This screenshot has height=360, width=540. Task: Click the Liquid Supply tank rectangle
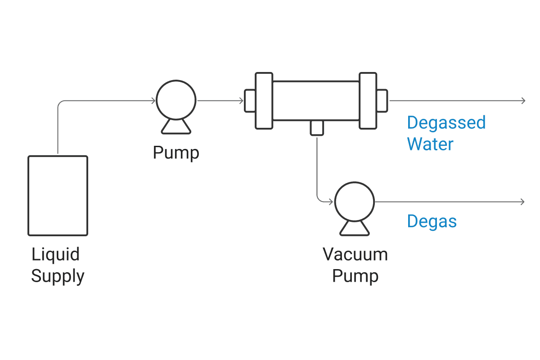pyautogui.click(x=58, y=195)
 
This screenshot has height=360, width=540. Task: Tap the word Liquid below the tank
pyautogui.click(x=55, y=255)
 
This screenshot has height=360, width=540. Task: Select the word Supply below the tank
pyautogui.click(x=58, y=276)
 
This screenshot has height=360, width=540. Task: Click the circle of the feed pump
pyautogui.click(x=176, y=100)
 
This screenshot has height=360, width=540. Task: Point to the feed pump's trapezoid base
pyautogui.click(x=176, y=126)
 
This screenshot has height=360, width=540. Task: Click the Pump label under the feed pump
pyautogui.click(x=176, y=153)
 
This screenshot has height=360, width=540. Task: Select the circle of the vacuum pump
pyautogui.click(x=355, y=202)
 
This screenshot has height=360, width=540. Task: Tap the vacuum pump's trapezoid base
pyautogui.click(x=355, y=228)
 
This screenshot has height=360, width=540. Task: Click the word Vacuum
pyautogui.click(x=355, y=255)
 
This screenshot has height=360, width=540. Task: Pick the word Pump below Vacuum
pyautogui.click(x=355, y=276)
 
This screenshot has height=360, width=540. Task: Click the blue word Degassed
pyautogui.click(x=446, y=122)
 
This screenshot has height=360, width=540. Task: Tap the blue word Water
pyautogui.click(x=430, y=144)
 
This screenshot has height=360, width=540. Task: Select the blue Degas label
pyautogui.click(x=432, y=221)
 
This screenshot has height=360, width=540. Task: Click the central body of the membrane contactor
pyautogui.click(x=316, y=100)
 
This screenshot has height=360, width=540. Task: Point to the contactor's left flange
pyautogui.click(x=264, y=100)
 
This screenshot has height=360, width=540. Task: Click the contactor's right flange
pyautogui.click(x=368, y=100)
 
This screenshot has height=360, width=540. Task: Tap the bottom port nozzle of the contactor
pyautogui.click(x=317, y=127)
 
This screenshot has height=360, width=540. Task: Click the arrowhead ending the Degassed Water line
pyautogui.click(x=523, y=101)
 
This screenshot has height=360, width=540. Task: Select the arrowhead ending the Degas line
pyautogui.click(x=522, y=202)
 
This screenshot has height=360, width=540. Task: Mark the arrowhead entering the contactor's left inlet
pyautogui.click(x=242, y=101)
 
